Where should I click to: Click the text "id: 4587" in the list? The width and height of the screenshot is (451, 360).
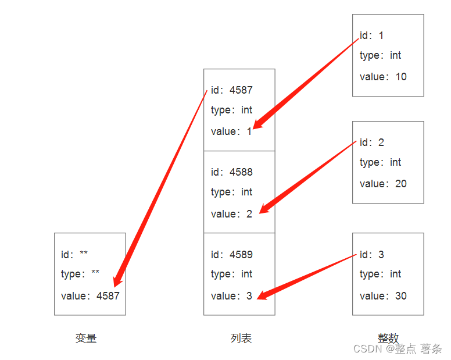[232, 90]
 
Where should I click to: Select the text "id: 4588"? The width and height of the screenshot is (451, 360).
[232, 172]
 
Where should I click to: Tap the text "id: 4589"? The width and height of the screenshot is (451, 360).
[232, 255]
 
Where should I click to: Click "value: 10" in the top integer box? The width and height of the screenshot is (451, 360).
[383, 77]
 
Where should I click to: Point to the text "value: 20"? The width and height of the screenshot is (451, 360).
[383, 184]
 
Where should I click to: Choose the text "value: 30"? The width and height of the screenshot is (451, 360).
[383, 296]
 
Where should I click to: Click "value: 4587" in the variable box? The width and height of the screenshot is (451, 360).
[90, 296]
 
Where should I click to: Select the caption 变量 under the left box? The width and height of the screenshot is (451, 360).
[86, 338]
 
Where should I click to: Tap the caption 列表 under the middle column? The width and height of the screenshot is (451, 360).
[241, 338]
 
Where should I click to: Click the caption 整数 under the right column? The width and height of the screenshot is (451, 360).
[388, 338]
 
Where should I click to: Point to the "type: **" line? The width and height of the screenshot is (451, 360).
[80, 274]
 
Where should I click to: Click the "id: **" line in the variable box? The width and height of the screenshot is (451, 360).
[74, 255]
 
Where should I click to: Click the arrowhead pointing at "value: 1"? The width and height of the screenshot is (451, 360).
[259, 124]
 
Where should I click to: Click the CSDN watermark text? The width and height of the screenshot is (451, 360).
[398, 349]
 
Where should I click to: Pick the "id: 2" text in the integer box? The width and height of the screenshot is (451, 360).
[372, 142]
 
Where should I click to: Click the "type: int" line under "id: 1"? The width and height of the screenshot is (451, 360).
[380, 56]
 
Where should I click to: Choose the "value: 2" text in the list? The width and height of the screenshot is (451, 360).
[231, 214]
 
